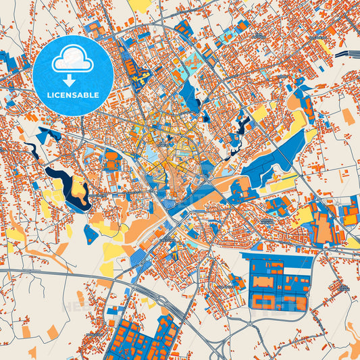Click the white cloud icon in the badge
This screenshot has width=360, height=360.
(72, 59)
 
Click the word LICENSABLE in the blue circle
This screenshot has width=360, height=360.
(72, 95)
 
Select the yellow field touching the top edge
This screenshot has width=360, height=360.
(140, 5)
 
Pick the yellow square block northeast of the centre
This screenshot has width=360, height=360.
(259, 113)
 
